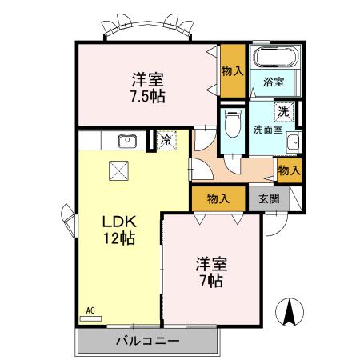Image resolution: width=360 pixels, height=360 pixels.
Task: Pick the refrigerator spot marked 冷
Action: pyautogui.click(x=166, y=141)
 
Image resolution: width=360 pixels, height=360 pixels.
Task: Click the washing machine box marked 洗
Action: pyautogui.click(x=283, y=112)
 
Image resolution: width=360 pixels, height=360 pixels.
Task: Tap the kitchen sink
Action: pyautogui.click(x=127, y=142)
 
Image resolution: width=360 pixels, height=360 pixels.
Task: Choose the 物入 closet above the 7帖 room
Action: pyautogui.click(x=218, y=198)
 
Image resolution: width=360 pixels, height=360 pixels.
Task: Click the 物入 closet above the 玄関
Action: pyautogui.click(x=289, y=169)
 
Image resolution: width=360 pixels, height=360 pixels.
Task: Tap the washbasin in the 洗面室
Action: pyautogui.click(x=293, y=142)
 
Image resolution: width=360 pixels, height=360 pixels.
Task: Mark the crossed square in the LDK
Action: pyautogui.click(x=120, y=170)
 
